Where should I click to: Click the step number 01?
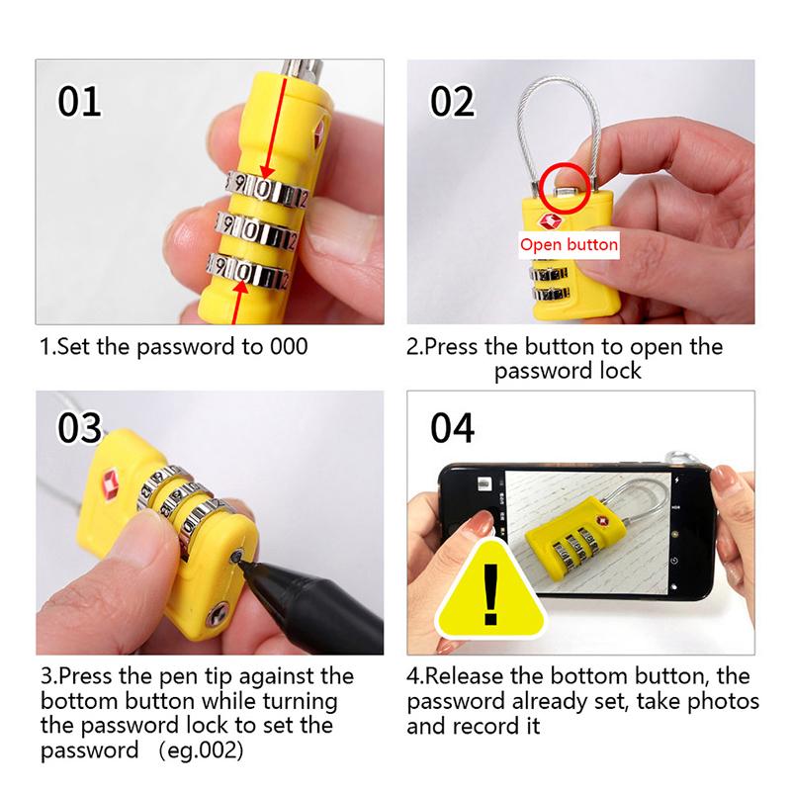coord(80,101)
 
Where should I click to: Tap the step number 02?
coord(453,101)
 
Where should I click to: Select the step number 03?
coord(80,428)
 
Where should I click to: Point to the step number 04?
coord(453,428)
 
